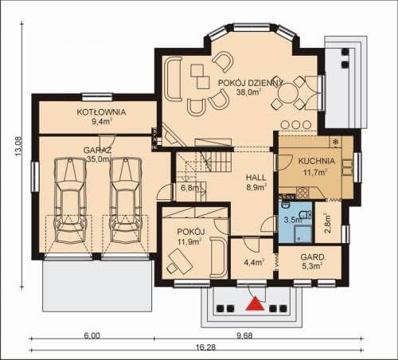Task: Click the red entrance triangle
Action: pos(255,304)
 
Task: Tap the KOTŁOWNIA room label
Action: pos(101,112)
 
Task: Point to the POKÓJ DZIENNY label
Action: pos(251,83)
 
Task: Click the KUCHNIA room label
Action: pos(317,161)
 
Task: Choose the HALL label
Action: pos(256,178)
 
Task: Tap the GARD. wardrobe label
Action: pos(313,257)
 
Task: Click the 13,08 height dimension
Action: pos(18,146)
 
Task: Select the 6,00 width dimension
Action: pos(92,335)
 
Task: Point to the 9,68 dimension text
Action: pos(244,335)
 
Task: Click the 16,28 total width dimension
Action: pos(205,347)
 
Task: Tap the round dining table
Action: pos(287,93)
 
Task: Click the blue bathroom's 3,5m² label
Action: pos(293,220)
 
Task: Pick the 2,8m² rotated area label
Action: pos(328,222)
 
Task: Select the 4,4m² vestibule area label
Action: pos(254,262)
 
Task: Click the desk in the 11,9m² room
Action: pos(181,261)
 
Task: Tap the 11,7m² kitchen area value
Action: pos(315,173)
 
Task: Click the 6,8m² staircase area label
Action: pos(190,188)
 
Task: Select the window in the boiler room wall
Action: pos(97,97)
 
